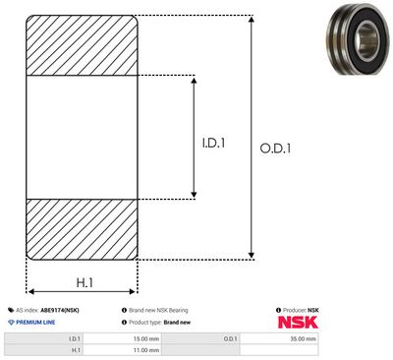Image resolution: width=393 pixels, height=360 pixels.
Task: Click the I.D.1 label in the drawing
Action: tap(213, 143)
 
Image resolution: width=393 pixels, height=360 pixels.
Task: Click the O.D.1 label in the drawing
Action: tap(275, 149)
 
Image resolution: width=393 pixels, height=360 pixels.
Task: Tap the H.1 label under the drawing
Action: tap(84, 282)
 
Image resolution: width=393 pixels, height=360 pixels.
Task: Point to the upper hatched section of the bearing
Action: tap(82, 45)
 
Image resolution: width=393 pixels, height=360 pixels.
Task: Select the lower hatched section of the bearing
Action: tap(82, 229)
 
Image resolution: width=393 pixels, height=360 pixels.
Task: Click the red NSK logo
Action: tap(298, 323)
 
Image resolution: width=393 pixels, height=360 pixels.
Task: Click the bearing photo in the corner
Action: tap(360, 39)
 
